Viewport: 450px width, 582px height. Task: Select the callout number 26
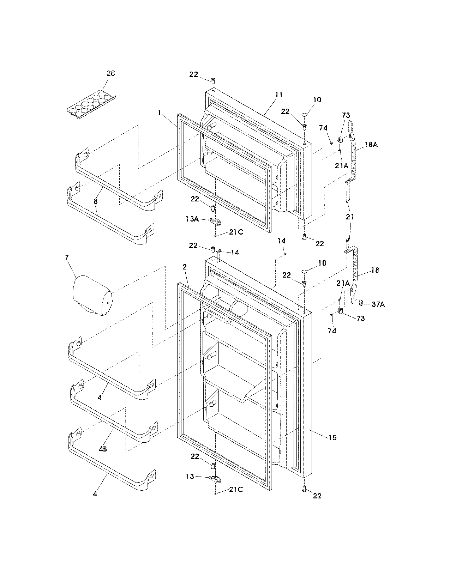[x=110, y=73]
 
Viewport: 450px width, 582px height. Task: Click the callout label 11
[x=279, y=95]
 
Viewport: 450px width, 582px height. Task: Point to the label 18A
[x=371, y=144]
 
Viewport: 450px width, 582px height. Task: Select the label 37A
[x=378, y=304]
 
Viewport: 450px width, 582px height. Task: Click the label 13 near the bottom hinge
[x=190, y=477]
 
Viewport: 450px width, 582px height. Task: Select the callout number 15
[x=332, y=438]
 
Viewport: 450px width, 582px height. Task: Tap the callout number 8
[x=96, y=201]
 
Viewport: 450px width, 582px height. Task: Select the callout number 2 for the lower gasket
[x=184, y=267]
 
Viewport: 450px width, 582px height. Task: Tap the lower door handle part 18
[x=354, y=272]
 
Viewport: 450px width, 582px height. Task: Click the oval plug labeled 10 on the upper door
[x=305, y=115]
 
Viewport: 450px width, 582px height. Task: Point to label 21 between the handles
[x=350, y=217]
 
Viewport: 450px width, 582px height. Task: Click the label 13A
[x=192, y=219]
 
